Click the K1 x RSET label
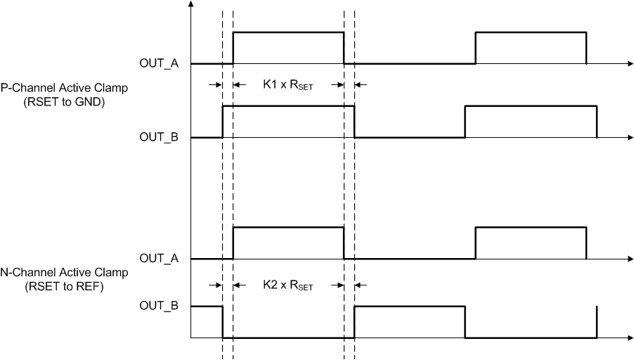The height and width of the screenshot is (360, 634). pos(288,86)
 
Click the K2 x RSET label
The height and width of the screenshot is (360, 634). pos(288,286)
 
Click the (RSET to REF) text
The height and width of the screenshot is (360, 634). pos(64,285)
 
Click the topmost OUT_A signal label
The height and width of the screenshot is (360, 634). pos(159,64)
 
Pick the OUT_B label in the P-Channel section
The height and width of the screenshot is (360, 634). pos(159,138)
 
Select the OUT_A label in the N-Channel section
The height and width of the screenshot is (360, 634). pos(159,259)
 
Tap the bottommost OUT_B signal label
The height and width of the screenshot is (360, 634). pos(159,307)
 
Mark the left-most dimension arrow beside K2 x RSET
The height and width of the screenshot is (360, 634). pos(215,285)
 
